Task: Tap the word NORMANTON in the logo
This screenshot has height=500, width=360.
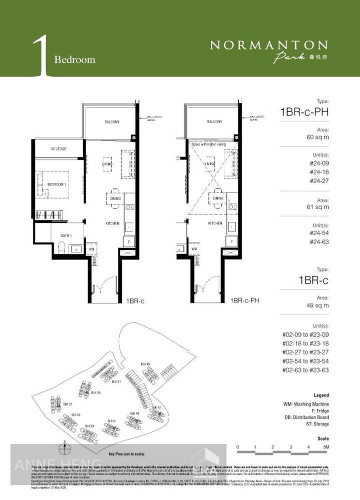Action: (x=268, y=45)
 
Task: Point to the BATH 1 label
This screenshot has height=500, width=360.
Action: (x=59, y=235)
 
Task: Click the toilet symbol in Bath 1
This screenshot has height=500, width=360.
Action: (x=61, y=247)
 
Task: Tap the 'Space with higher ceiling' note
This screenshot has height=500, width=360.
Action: (x=209, y=144)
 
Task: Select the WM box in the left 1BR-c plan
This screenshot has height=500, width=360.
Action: (x=91, y=248)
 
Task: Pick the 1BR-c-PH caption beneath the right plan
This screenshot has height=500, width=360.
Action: (x=244, y=301)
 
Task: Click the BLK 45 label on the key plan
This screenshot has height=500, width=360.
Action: (x=145, y=363)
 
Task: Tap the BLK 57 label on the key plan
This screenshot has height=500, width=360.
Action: (x=67, y=404)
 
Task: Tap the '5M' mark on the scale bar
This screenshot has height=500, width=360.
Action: (x=325, y=447)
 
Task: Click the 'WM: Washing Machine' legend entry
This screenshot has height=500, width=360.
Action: (x=305, y=403)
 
